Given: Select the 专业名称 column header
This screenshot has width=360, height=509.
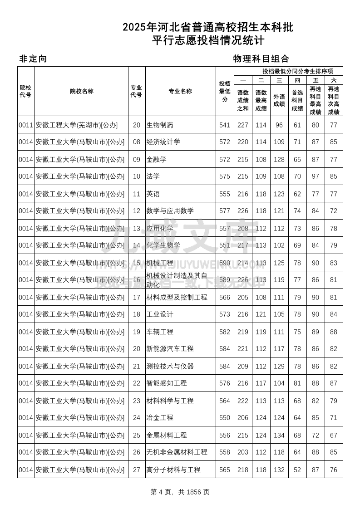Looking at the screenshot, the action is pyautogui.click(x=180, y=91).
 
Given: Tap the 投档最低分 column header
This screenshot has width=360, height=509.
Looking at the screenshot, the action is pyautogui.click(x=225, y=91).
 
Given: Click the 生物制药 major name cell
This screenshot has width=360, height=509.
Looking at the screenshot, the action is pyautogui.click(x=160, y=125).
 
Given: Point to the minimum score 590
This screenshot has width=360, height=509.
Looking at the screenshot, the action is pyautogui.click(x=225, y=263).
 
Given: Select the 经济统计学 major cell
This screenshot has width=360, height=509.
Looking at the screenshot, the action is pyautogui.click(x=163, y=142).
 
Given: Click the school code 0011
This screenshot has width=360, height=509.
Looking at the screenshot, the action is pyautogui.click(x=26, y=125).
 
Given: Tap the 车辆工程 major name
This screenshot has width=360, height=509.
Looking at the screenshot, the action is pyautogui.click(x=160, y=332).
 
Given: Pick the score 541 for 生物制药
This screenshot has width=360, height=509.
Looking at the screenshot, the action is pyautogui.click(x=225, y=125).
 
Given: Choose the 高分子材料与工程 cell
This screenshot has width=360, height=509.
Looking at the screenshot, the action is pyautogui.click(x=173, y=470).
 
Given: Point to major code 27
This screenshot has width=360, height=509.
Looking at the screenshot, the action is pyautogui.click(x=137, y=470).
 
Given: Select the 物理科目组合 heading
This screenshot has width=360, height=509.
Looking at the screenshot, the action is pyautogui.click(x=261, y=59).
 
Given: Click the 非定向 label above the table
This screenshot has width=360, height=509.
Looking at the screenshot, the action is pyautogui.click(x=33, y=59).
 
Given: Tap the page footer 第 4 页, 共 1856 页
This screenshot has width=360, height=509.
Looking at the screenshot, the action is pyautogui.click(x=180, y=492).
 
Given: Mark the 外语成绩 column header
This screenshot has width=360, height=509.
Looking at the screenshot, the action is pyautogui.click(x=279, y=100).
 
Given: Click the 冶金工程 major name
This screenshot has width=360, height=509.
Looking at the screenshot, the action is pyautogui.click(x=160, y=418).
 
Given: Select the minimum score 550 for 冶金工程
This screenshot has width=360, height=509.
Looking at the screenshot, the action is pyautogui.click(x=225, y=418).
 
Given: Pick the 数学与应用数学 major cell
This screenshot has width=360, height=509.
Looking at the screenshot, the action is pyautogui.click(x=170, y=211).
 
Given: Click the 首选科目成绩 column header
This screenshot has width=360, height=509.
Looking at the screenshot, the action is pyautogui.click(x=297, y=100).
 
